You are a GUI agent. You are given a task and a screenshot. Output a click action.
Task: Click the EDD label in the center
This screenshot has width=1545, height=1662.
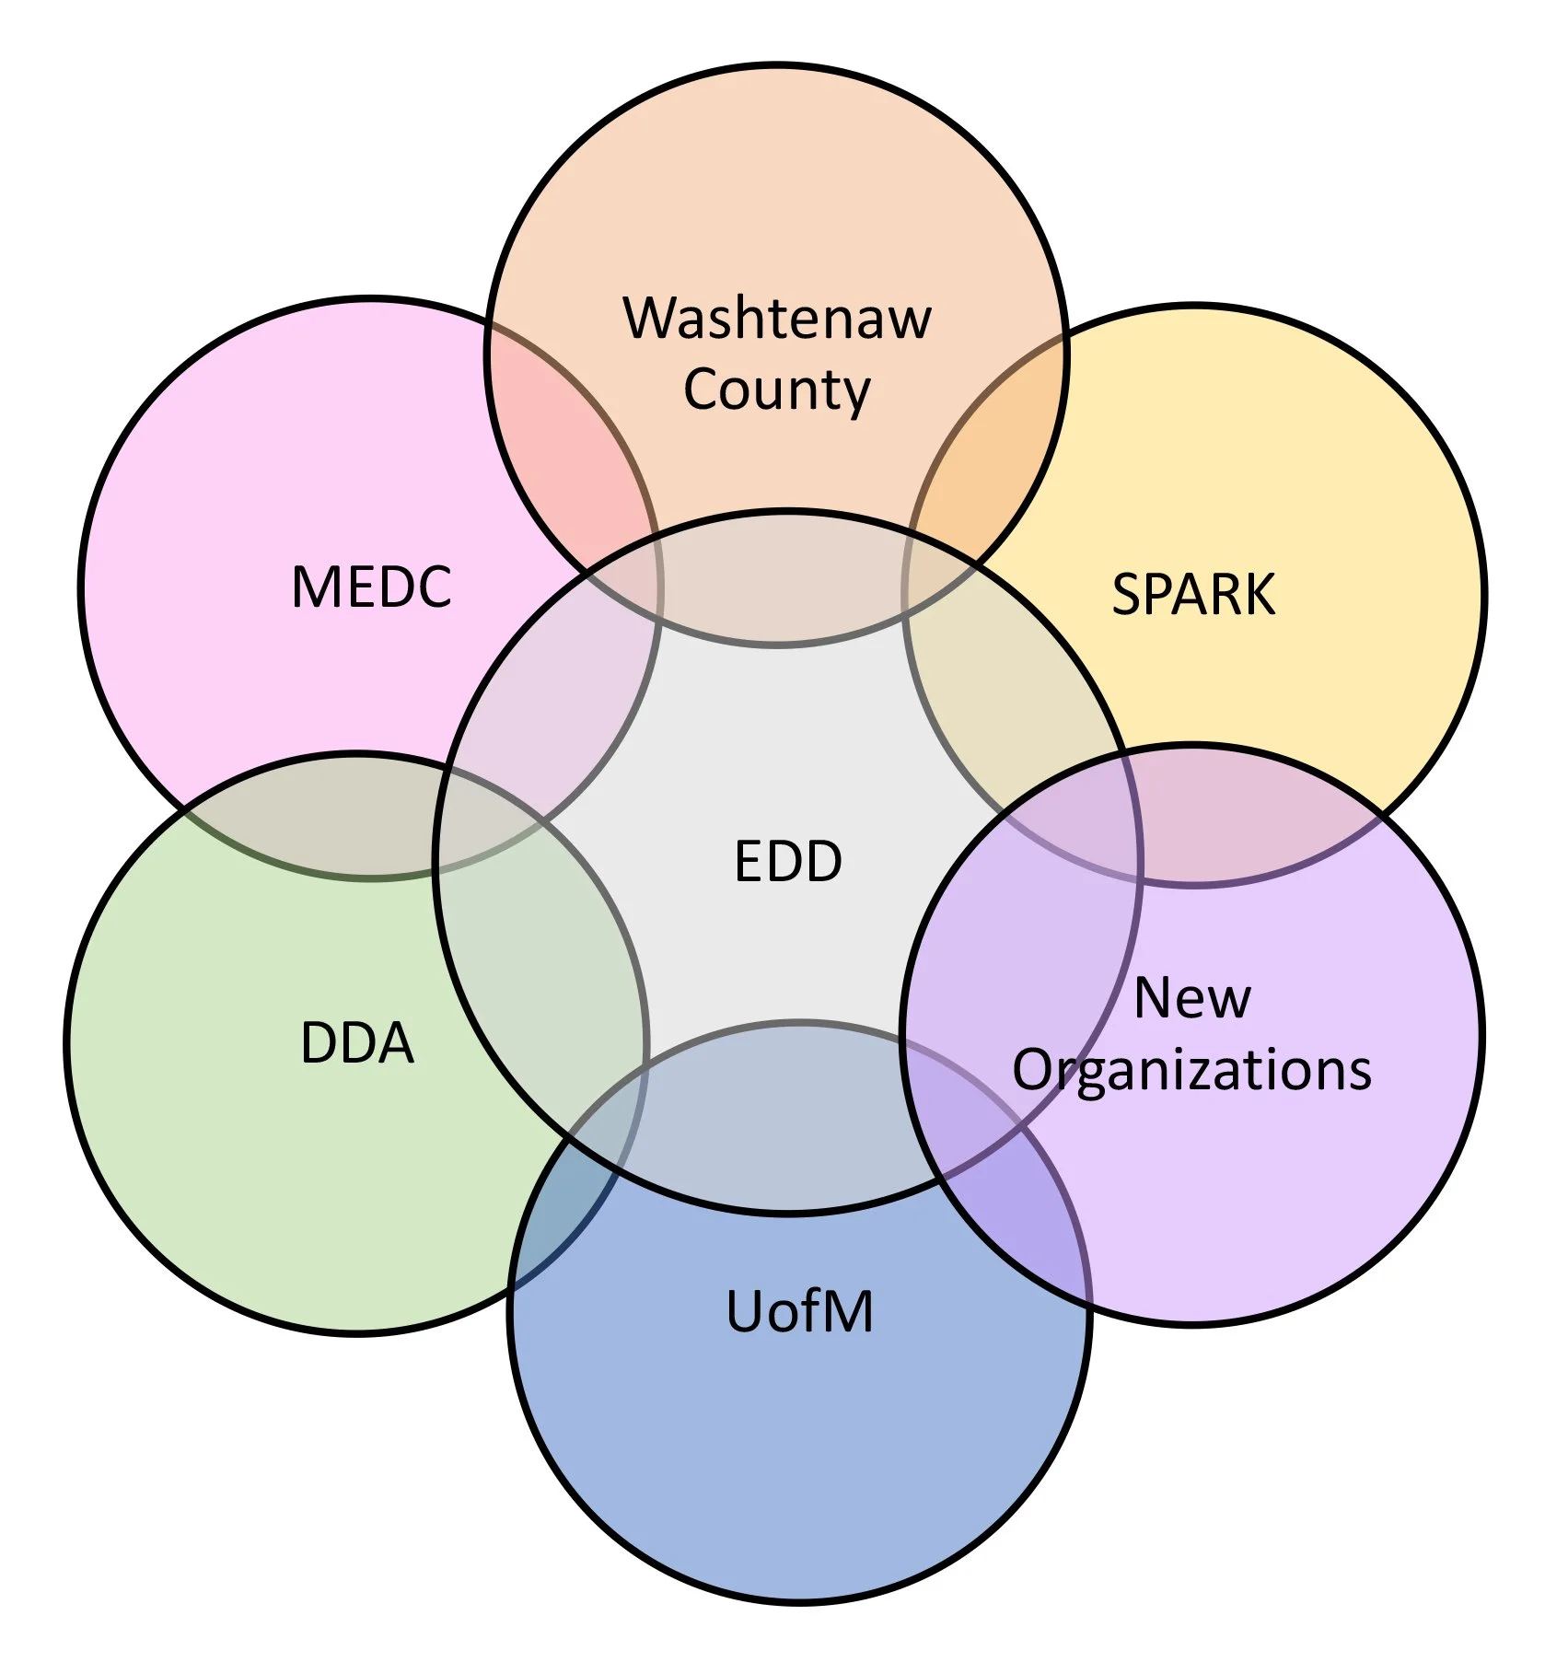788,862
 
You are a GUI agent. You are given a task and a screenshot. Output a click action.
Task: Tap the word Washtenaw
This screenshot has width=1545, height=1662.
778,319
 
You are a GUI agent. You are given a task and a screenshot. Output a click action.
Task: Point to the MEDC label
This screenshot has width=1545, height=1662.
371,587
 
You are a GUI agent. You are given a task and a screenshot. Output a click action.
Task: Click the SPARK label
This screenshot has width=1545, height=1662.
1193,594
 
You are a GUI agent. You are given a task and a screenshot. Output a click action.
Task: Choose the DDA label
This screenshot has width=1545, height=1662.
357,1043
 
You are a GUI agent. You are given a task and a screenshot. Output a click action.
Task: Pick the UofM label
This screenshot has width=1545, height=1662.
799,1311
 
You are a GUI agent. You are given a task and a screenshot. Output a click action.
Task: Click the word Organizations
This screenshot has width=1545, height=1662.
1192,1070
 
